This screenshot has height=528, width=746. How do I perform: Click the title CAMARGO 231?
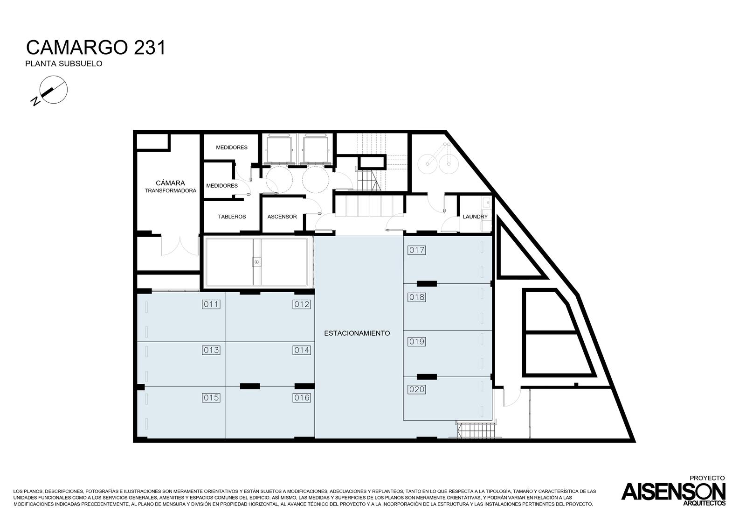(x=96, y=48)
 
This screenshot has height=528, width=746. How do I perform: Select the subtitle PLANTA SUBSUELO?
(x=63, y=63)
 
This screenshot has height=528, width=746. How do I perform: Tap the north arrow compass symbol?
(x=51, y=90)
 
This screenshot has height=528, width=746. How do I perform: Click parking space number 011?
(x=211, y=304)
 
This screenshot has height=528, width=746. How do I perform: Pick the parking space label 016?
(x=302, y=398)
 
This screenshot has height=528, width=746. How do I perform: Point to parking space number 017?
(x=417, y=250)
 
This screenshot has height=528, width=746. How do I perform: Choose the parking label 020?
(x=417, y=389)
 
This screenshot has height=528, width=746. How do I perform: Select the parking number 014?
(x=302, y=350)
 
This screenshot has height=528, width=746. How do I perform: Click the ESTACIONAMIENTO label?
(x=357, y=333)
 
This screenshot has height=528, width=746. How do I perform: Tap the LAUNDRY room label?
(x=475, y=217)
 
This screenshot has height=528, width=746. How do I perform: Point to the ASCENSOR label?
(x=282, y=217)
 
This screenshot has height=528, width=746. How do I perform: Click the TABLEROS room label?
(x=232, y=217)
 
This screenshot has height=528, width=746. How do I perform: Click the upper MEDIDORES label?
(x=232, y=148)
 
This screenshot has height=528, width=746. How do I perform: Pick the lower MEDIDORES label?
(x=222, y=186)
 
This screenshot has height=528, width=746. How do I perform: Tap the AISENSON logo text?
(x=673, y=492)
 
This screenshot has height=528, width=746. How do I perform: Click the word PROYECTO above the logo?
(x=707, y=479)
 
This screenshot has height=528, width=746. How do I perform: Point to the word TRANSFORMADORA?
(x=171, y=191)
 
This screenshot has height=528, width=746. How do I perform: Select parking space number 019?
(x=417, y=342)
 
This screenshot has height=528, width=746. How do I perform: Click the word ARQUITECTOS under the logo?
(x=705, y=503)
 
